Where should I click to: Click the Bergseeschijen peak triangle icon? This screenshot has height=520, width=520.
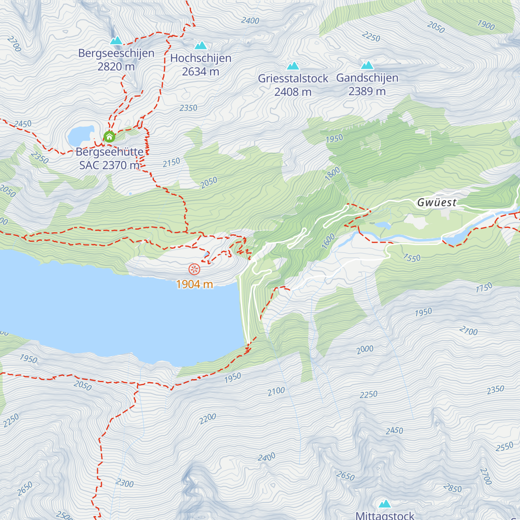(116, 41)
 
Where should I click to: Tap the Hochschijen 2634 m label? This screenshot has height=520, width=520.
(201, 65)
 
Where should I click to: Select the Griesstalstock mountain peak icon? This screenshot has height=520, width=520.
(293, 66)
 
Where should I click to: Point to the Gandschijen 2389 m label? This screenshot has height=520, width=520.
(367, 84)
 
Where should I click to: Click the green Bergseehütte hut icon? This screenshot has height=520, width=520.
(109, 137)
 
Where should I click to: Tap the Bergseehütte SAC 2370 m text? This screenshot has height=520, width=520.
(110, 159)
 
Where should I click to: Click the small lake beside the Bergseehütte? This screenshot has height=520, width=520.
(80, 136)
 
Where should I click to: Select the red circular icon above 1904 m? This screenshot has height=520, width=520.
(194, 269)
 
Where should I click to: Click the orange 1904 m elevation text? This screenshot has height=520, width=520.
(195, 284)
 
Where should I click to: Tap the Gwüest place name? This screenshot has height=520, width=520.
(437, 202)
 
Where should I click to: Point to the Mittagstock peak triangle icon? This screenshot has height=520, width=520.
(385, 504)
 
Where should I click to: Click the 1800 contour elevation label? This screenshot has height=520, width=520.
(332, 174)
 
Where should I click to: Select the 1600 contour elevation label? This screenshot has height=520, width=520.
(328, 241)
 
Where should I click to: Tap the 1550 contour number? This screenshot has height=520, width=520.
(411, 258)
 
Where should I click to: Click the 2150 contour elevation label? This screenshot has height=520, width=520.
(171, 162)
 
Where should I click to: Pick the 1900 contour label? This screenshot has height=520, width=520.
(486, 25)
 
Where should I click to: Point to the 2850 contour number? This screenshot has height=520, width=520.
(452, 488)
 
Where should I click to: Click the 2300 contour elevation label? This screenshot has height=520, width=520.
(125, 483)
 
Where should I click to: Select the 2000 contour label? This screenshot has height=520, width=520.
(365, 349)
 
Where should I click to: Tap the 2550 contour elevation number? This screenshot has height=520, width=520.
(504, 447)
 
